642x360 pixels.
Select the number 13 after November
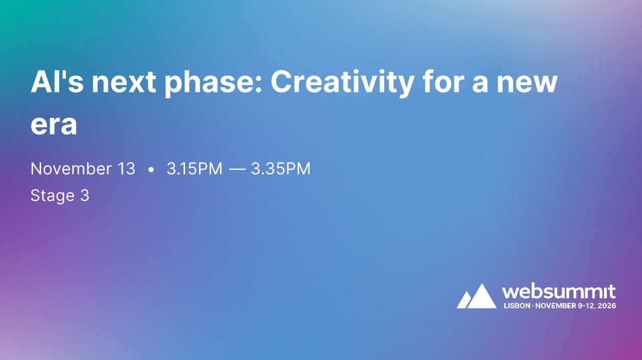(125, 169)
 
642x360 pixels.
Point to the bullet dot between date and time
(151, 170)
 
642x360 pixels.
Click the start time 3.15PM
(195, 169)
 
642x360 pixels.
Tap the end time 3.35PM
(281, 169)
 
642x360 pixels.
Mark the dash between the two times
(237, 169)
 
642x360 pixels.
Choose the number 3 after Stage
(85, 196)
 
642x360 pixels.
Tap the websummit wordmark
(559, 291)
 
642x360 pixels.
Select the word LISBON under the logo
(517, 305)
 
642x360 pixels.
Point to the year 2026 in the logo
(607, 305)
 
